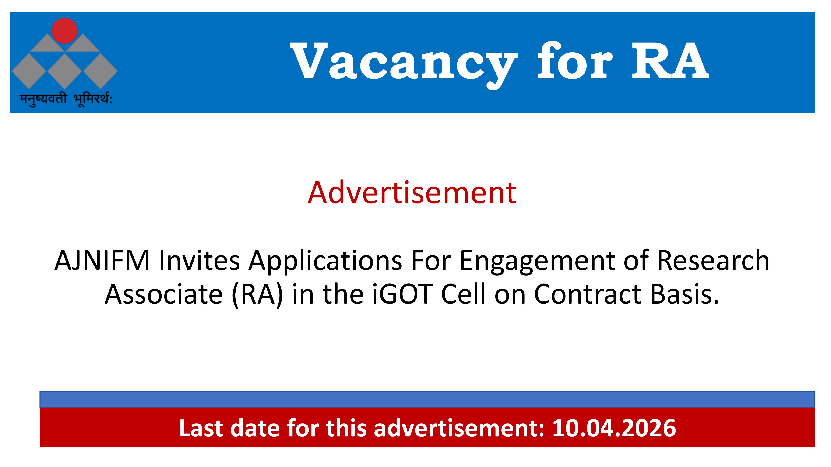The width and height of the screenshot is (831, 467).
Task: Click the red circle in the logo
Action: click(x=64, y=31)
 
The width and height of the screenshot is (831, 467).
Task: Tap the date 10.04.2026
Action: click(x=614, y=428)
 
